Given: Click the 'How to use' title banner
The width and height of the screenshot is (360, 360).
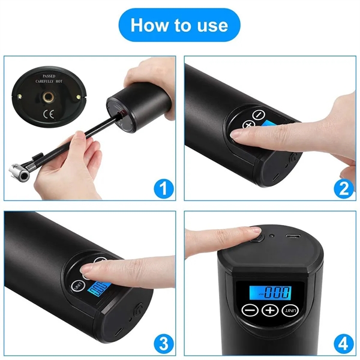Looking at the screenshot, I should (x=179, y=25).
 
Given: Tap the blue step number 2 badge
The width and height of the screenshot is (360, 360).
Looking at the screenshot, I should (x=343, y=189).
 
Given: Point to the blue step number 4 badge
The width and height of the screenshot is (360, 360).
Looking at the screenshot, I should (x=343, y=344).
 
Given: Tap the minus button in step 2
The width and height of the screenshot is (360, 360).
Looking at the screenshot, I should (x=259, y=114).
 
